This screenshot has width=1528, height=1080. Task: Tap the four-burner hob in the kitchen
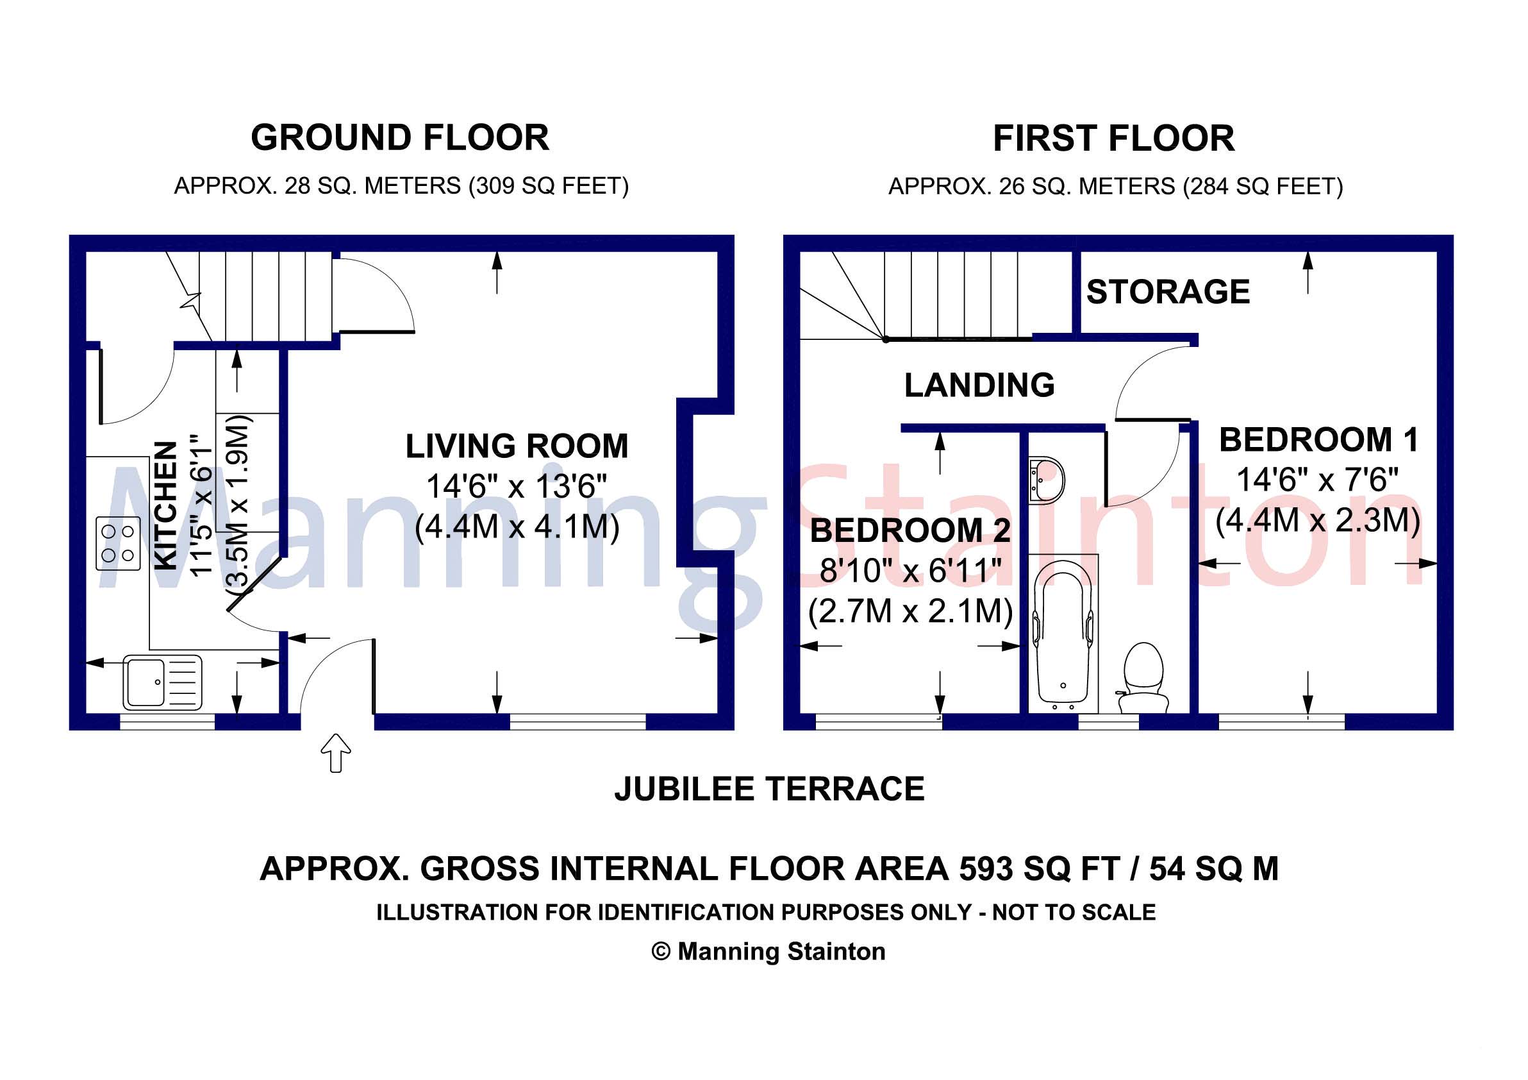[118, 543]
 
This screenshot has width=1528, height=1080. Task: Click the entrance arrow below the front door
[335, 753]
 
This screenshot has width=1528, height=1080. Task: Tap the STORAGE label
[1168, 292]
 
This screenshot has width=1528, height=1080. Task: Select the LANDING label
[979, 385]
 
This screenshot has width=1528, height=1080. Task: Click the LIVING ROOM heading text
[517, 446]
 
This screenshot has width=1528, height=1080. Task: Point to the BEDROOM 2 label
[909, 530]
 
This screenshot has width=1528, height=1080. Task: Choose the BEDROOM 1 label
[1318, 439]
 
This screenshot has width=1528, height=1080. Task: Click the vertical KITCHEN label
[166, 505]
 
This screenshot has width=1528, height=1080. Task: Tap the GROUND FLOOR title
[400, 138]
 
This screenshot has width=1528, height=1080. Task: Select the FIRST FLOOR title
[1113, 139]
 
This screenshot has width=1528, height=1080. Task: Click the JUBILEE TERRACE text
[769, 789]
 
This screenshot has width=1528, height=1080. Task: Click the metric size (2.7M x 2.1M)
[909, 611]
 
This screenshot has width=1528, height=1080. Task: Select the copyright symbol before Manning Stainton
[660, 952]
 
